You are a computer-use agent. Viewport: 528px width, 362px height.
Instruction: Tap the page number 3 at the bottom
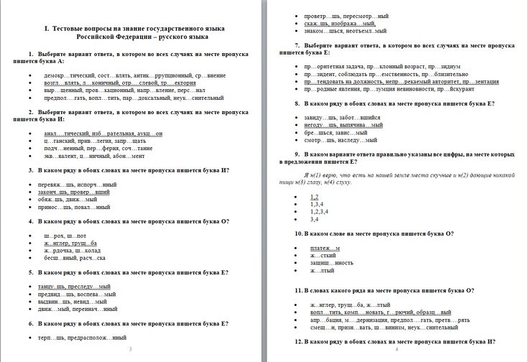[x=130, y=349]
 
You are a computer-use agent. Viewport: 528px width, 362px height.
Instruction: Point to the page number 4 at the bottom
[x=396, y=349]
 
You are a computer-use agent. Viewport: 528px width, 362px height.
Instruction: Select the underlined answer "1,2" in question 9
[x=314, y=196]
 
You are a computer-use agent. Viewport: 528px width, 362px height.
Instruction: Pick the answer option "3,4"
[x=314, y=219]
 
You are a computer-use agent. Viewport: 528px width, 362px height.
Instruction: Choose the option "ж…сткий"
[x=323, y=256]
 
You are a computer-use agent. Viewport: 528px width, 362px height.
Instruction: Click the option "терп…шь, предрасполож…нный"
[x=82, y=337]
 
